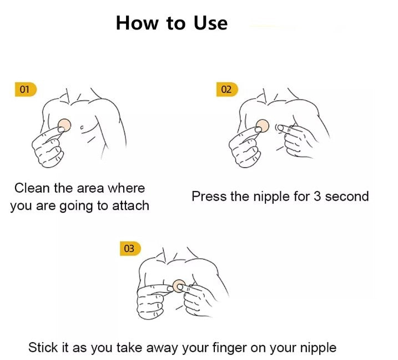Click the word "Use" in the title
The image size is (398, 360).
coord(210,23)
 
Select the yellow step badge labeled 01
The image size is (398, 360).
coord(25,89)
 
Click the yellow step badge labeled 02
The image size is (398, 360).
coord(226,89)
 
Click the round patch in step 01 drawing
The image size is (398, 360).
coord(64,124)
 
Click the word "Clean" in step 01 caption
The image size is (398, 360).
coord(33,188)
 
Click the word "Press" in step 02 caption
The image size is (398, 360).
coord(208,196)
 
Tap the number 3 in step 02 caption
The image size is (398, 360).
coord(317,196)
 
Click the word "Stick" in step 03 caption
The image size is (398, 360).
coord(43,348)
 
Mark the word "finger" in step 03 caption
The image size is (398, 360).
coord(229,348)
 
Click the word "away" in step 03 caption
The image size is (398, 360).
coord(162,348)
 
